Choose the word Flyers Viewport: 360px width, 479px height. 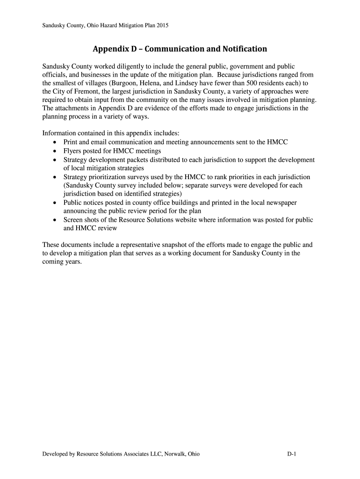pos(72,151)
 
